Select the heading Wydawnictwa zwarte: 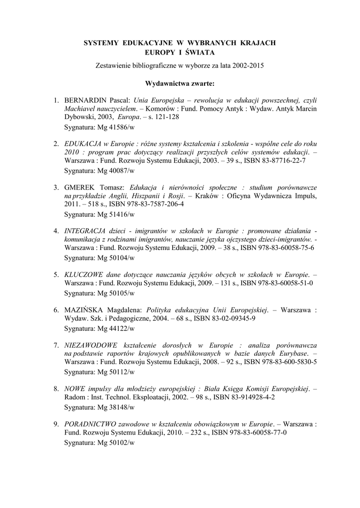pyautogui.click(x=180, y=83)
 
